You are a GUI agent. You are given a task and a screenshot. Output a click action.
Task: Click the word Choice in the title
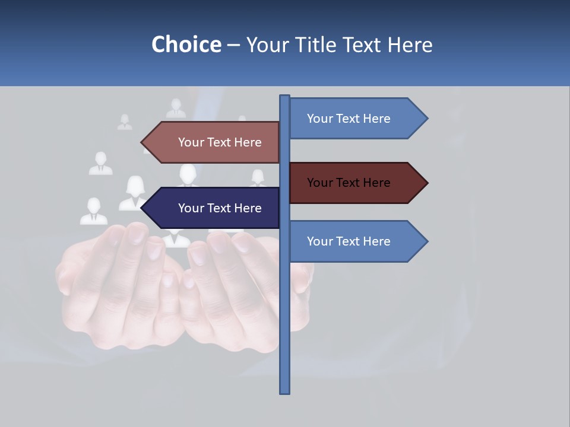point(186,44)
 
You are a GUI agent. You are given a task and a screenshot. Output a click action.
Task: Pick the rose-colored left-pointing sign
point(214,142)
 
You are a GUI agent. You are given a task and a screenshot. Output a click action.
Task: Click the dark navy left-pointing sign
point(214,208)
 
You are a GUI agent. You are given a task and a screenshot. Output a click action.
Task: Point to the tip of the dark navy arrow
point(142,208)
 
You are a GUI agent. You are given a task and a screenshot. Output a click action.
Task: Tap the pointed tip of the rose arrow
point(142,142)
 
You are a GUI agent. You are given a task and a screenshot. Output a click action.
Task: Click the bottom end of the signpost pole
point(284,391)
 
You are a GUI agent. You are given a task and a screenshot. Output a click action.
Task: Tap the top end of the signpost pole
point(284,97)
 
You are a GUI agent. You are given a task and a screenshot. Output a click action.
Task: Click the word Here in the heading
point(410,44)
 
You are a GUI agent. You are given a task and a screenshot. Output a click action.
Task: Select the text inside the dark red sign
point(349,183)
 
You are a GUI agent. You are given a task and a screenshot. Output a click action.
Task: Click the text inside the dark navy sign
point(220,208)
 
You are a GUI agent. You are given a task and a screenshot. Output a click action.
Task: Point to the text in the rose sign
point(220,142)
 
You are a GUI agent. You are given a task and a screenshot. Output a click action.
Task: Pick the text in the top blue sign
point(349,119)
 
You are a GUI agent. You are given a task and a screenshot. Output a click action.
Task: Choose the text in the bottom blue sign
point(349,241)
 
